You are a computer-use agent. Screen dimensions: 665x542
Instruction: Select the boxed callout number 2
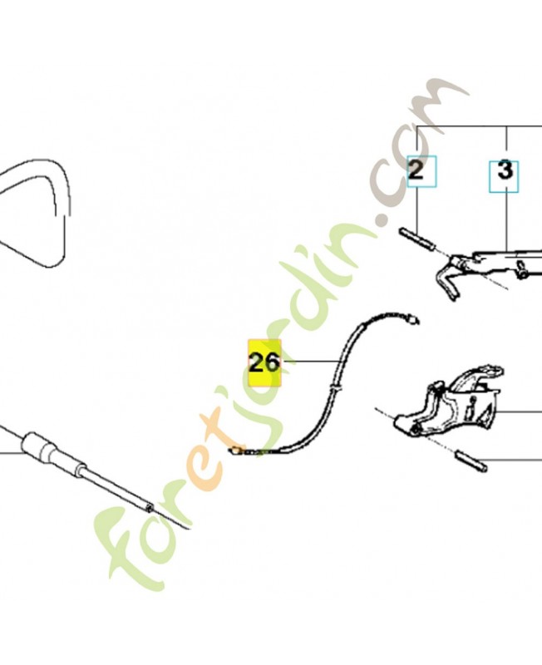(416, 171)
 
